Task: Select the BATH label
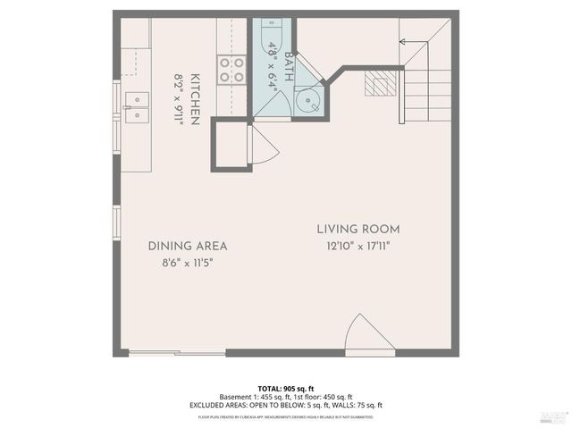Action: pyautogui.click(x=289, y=67)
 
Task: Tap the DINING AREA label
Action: pyautogui.click(x=188, y=246)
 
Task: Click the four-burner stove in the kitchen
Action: pyautogui.click(x=232, y=69)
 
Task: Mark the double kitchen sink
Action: pyautogui.click(x=137, y=106)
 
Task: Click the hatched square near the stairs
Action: pyautogui.click(x=379, y=85)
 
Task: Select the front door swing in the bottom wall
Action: pyautogui.click(x=369, y=335)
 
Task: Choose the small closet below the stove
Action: pyautogui.click(x=231, y=146)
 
